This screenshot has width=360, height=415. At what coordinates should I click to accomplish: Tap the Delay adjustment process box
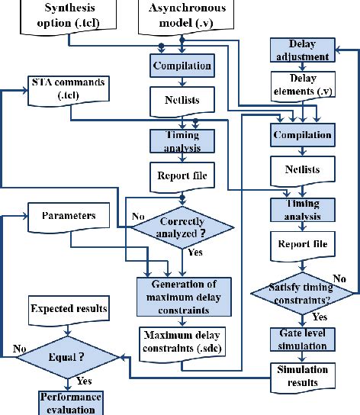[x=302, y=50]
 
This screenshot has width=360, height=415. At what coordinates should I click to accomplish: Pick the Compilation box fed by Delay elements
[x=302, y=135]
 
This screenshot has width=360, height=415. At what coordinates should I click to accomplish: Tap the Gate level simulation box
[x=302, y=339]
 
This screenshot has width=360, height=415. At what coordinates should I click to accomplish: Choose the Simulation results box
[x=302, y=375]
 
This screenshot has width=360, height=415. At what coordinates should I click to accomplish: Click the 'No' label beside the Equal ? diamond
[x=19, y=349]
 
